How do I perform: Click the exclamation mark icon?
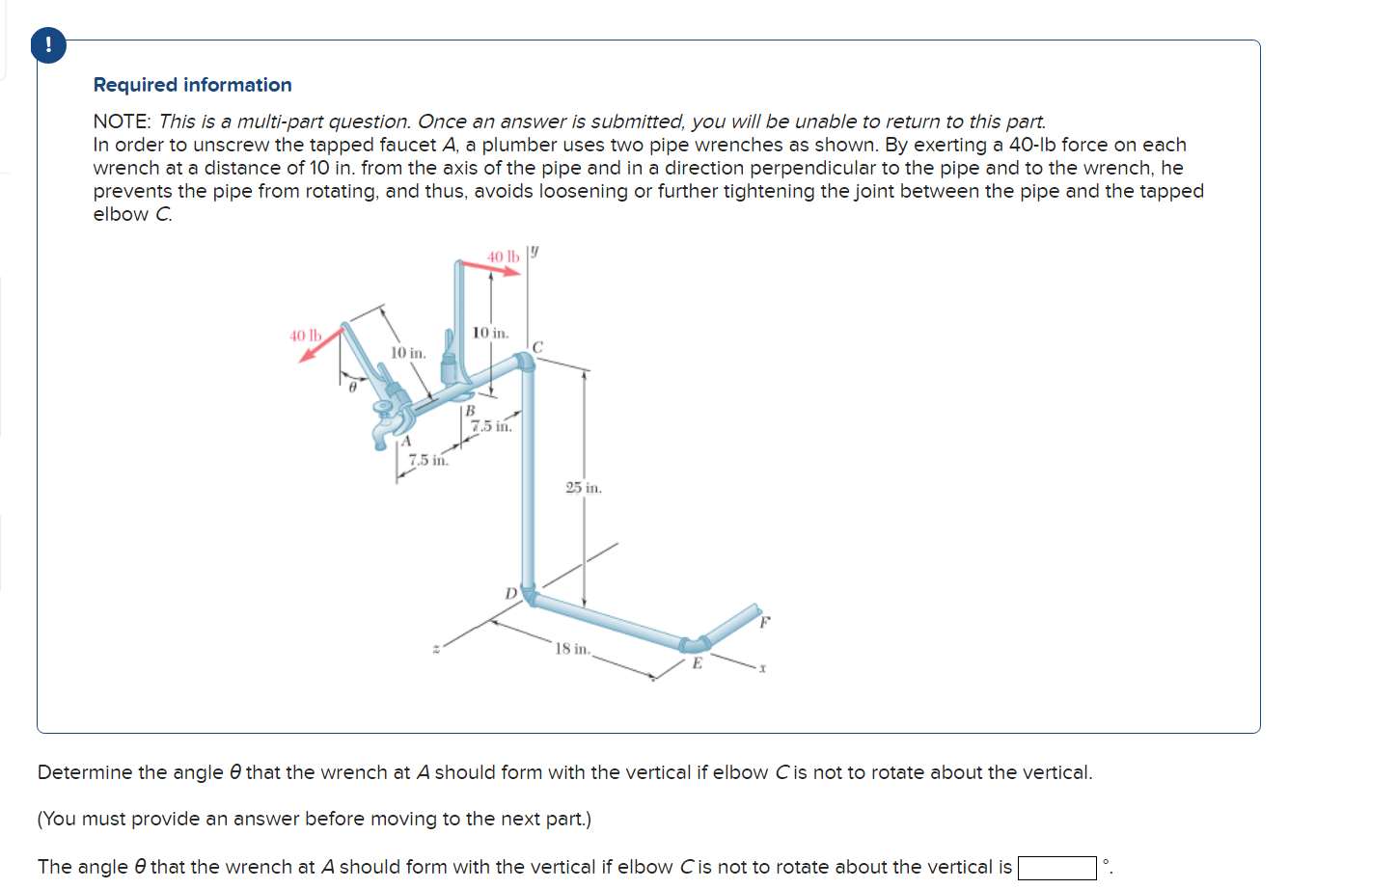(x=48, y=45)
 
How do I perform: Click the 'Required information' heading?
(x=192, y=85)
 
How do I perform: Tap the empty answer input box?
(x=1056, y=868)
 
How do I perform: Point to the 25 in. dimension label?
(x=583, y=488)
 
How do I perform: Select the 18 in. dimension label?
(x=572, y=649)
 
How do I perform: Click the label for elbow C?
(x=537, y=346)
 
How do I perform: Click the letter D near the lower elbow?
(x=510, y=593)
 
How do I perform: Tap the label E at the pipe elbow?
(x=697, y=663)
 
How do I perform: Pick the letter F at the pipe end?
(x=764, y=622)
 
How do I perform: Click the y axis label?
(x=535, y=252)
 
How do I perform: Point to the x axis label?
(x=762, y=667)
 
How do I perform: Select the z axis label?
(x=436, y=649)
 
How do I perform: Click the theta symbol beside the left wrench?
(x=352, y=387)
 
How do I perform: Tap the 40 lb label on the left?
(x=305, y=336)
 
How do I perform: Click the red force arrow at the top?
(x=492, y=269)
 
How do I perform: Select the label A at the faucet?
(x=406, y=441)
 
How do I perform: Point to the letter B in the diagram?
(x=470, y=410)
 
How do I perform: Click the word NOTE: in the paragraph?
(x=122, y=121)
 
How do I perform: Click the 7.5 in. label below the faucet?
(x=427, y=460)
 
